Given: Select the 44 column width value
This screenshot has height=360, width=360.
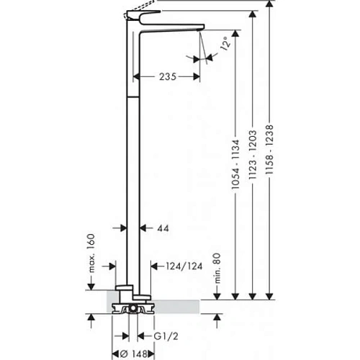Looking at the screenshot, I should coord(163,228).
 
